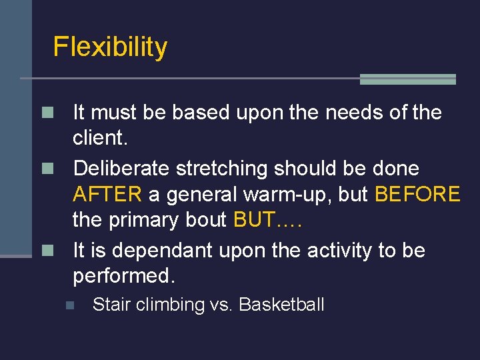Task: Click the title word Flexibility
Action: pyautogui.click(x=110, y=47)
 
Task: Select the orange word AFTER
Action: pyautogui.click(x=107, y=194)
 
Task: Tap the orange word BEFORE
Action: pyautogui.click(x=417, y=194)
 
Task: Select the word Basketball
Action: pyautogui.click(x=281, y=305)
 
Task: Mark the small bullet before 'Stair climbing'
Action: pyautogui.click(x=69, y=306)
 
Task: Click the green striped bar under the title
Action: pyautogui.click(x=407, y=79)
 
